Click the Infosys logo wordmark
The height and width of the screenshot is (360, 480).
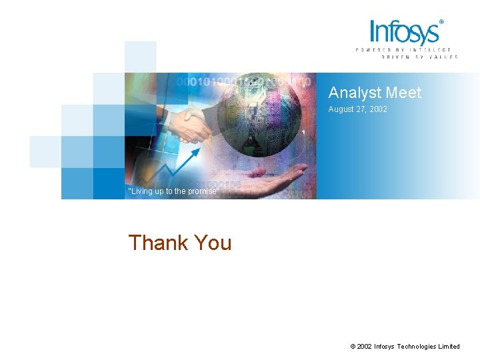pyautogui.click(x=405, y=32)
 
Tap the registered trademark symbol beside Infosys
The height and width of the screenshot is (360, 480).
pyautogui.click(x=441, y=22)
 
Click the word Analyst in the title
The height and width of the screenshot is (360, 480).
pyautogui.click(x=353, y=93)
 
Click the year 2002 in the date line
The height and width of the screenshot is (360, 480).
pyautogui.click(x=377, y=109)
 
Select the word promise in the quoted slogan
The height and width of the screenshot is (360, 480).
pyautogui.click(x=202, y=191)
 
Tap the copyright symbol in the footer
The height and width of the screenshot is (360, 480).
pyautogui.click(x=353, y=347)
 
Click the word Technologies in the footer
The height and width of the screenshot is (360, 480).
pyautogui.click(x=420, y=347)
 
